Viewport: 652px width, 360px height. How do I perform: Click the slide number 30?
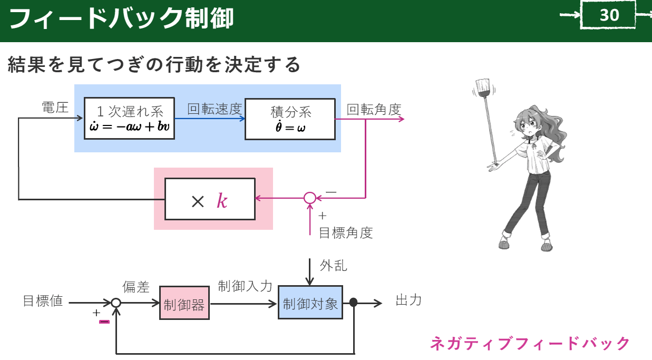[x=609, y=15]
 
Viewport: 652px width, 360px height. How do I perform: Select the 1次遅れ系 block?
[x=129, y=118]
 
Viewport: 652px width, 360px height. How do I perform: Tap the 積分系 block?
[x=290, y=118]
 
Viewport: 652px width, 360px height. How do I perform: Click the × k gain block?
[x=210, y=199]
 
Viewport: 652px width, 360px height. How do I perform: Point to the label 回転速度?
[x=215, y=109]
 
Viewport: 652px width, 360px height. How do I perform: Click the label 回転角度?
[x=374, y=109]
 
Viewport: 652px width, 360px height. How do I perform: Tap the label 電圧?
[x=55, y=108]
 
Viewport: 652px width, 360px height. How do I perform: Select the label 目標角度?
[x=346, y=233]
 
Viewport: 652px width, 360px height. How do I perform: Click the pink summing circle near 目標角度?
[x=310, y=198]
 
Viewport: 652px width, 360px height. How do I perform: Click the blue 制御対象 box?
[x=310, y=303]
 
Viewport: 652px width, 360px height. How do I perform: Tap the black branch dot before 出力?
[x=354, y=303]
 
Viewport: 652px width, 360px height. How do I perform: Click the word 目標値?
[x=43, y=301]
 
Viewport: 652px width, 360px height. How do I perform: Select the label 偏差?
[x=136, y=287]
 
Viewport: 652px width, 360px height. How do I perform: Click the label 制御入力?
[x=245, y=286]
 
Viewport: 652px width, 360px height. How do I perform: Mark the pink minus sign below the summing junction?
[x=104, y=321]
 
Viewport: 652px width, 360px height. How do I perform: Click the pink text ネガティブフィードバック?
[x=530, y=344]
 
